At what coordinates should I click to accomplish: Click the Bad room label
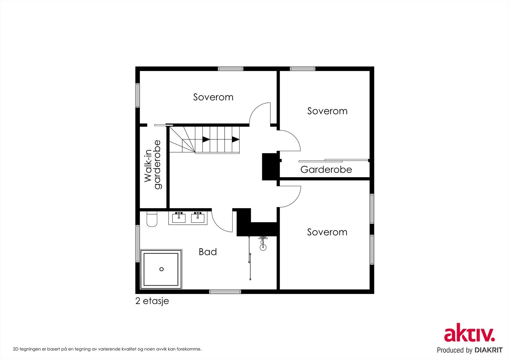pos(208,252)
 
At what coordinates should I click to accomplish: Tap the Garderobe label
pos(326,169)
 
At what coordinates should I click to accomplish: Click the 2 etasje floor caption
pos(152,301)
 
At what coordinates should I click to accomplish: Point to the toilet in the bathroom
pos(152,219)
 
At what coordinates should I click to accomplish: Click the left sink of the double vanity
pos(179,218)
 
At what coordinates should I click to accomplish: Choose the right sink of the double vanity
pos(198,218)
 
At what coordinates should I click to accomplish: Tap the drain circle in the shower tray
pos(162,269)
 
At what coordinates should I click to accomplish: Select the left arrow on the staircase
pos(206,139)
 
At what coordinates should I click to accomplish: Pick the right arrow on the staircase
pos(235,139)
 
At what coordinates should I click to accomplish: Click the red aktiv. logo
pos(470,333)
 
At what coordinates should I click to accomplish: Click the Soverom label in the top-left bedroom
pos(213,97)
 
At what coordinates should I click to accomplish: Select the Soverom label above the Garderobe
pos(327,111)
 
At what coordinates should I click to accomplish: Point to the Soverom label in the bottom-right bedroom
pos(327,232)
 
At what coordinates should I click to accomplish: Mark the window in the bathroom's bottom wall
pos(225,292)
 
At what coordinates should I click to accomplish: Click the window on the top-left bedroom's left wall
pos(137,95)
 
